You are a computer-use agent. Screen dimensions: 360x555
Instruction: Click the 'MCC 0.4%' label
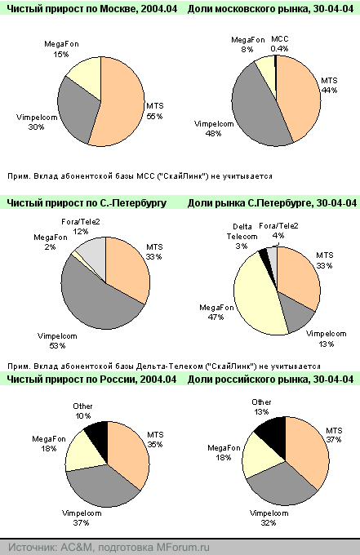coord(279,44)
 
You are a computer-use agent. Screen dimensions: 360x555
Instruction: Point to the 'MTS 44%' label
coord(329,86)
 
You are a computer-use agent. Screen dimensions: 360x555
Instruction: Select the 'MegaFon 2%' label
coord(51,242)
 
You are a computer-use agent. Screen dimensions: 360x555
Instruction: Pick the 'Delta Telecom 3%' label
coord(242,236)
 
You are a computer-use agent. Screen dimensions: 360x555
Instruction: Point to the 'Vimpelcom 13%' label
coord(326,339)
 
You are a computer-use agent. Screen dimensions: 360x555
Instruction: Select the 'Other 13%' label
coord(261,407)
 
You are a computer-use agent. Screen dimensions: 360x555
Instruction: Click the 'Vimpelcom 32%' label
coord(269,517)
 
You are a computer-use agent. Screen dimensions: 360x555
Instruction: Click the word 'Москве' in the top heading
coord(118,9)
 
